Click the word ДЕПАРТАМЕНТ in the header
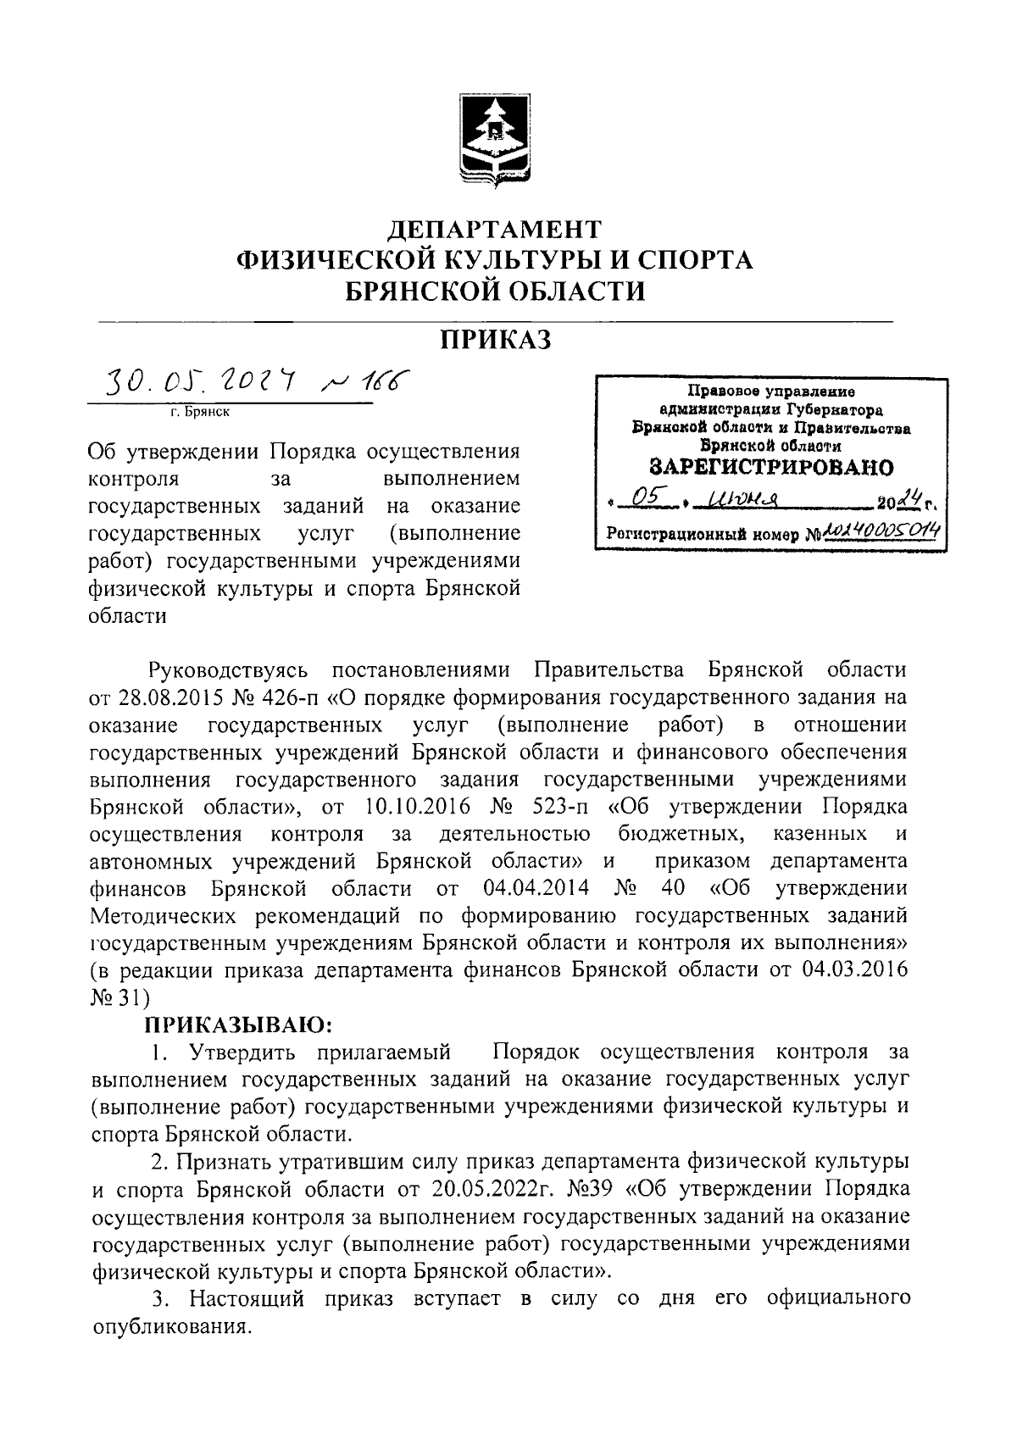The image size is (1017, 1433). [x=495, y=230]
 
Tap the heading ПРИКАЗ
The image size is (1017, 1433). [x=495, y=340]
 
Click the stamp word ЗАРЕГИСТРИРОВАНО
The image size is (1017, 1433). [x=771, y=467]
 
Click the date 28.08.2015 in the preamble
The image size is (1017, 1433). [x=166, y=698]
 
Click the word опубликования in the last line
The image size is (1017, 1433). [x=171, y=1326]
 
